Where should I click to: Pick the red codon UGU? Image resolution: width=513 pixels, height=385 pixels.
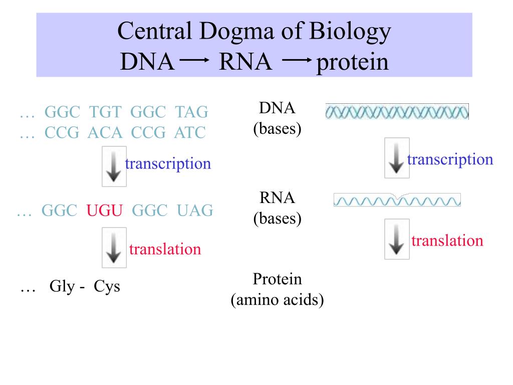pyautogui.click(x=104, y=211)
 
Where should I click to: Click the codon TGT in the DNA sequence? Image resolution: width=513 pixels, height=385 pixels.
pyautogui.click(x=103, y=112)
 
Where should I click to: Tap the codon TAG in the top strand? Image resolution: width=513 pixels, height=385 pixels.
pyautogui.click(x=191, y=112)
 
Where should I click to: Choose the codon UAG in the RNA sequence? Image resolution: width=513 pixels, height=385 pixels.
pyautogui.click(x=195, y=211)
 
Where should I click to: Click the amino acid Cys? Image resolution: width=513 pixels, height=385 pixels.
pyautogui.click(x=107, y=287)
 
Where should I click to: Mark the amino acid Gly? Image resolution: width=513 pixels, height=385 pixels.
pyautogui.click(x=62, y=287)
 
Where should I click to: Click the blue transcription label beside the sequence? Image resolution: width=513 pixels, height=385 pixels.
pyautogui.click(x=168, y=163)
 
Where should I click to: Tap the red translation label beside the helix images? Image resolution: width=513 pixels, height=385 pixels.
pyautogui.click(x=447, y=241)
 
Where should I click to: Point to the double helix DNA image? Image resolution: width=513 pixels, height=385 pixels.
pyautogui.click(x=397, y=111)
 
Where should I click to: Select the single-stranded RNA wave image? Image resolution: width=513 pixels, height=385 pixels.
pyautogui.click(x=397, y=201)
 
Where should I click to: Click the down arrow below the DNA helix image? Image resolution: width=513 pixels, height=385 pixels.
pyautogui.click(x=397, y=158)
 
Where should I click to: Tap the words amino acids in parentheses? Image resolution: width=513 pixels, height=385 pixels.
pyautogui.click(x=277, y=300)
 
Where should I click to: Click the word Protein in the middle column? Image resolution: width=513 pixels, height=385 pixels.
pyautogui.click(x=277, y=279)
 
